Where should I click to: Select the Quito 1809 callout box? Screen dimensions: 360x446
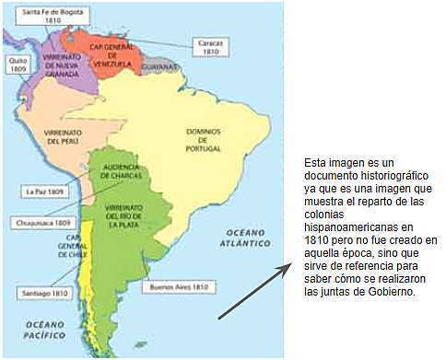[x=18, y=65]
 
